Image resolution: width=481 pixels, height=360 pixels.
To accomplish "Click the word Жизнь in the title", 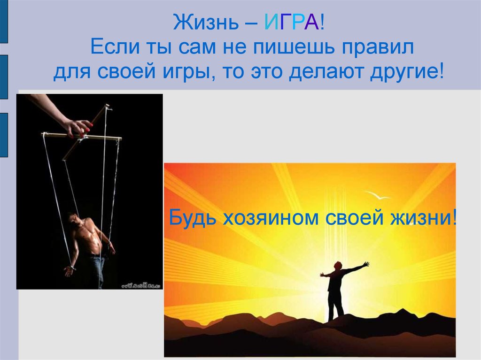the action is (x=206, y=23).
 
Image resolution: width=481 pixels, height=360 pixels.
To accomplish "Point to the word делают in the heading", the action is (x=326, y=73).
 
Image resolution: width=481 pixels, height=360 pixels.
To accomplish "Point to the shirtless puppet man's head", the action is (x=75, y=220).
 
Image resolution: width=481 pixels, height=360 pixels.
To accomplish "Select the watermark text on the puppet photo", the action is (x=141, y=285).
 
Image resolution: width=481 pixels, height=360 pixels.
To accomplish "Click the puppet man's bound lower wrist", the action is (x=72, y=268).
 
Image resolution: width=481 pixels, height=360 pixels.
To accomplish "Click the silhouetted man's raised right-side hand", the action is (x=365, y=264).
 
